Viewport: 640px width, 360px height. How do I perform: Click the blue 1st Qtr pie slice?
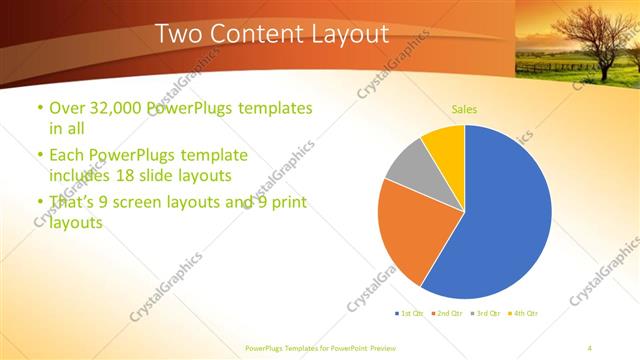click(x=505, y=220)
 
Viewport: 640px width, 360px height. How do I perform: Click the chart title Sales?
click(x=464, y=109)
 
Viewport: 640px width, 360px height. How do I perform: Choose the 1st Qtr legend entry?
click(x=409, y=314)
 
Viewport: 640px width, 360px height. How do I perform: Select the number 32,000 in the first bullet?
click(x=118, y=107)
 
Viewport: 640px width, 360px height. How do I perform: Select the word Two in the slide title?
click(x=181, y=34)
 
